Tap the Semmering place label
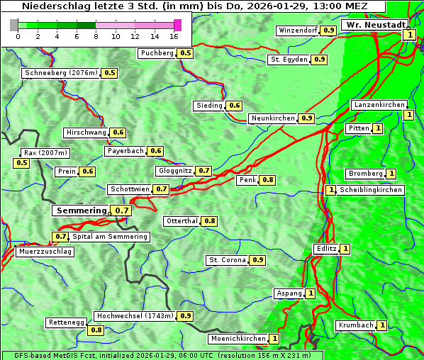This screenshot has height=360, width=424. click(x=81, y=210)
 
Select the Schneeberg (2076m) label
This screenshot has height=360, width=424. click(x=60, y=73)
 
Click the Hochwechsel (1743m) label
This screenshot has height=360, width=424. click(x=135, y=316)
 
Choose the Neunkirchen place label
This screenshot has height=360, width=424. click(x=273, y=118)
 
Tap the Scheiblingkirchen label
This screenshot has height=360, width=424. click(x=371, y=190)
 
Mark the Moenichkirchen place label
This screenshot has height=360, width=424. click(x=238, y=339)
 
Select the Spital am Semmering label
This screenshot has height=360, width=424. click(x=110, y=237)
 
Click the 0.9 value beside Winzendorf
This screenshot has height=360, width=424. click(x=328, y=30)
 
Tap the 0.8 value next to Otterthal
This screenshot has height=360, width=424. click(x=209, y=221)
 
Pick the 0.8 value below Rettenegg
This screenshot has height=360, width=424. click(x=96, y=330)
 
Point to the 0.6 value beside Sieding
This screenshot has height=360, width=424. click(x=235, y=106)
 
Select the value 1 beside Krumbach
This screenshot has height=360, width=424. click(x=382, y=325)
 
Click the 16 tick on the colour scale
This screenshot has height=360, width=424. click(x=174, y=36)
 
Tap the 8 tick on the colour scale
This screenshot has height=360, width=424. click(x=96, y=36)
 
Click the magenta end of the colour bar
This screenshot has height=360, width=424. click(x=177, y=25)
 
